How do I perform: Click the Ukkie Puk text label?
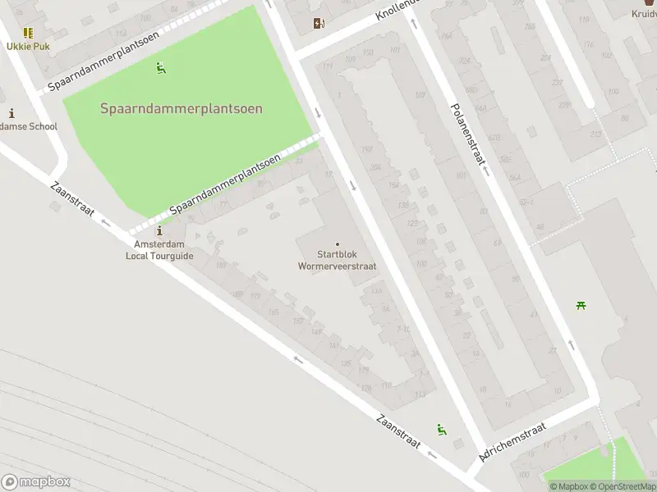tap(28, 46)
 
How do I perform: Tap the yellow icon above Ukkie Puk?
tap(28, 33)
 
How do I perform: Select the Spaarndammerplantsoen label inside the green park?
tap(181, 108)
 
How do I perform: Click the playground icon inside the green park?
tap(161, 68)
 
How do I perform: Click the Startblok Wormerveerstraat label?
tap(338, 260)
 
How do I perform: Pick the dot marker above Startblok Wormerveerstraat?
tap(338, 244)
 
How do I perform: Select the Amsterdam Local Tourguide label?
tap(159, 250)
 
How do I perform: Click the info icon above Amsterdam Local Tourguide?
tap(159, 232)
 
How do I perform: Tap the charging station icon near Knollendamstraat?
tap(319, 24)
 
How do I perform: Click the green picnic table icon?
tap(581, 306)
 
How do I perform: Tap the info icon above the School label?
tap(11, 113)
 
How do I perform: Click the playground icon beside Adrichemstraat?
tap(442, 429)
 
